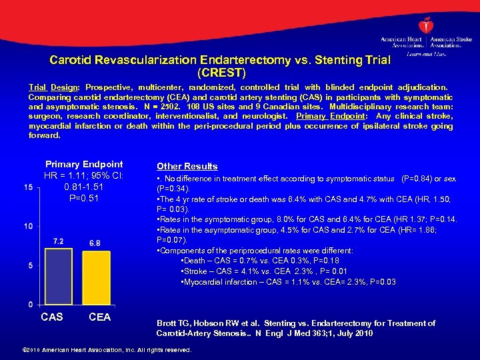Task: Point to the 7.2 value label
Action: [58, 241]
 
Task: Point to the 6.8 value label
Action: [95, 243]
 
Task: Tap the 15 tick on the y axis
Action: [27, 187]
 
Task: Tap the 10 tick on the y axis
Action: [27, 227]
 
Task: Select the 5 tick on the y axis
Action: [29, 266]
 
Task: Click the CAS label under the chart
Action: [52, 317]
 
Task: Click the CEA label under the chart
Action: [99, 317]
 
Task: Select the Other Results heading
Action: [187, 166]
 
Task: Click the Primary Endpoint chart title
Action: [84, 164]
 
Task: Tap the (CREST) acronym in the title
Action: [221, 71]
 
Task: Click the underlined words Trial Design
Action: [53, 87]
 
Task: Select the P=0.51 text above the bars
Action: [84, 198]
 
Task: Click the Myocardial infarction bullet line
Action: [288, 282]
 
